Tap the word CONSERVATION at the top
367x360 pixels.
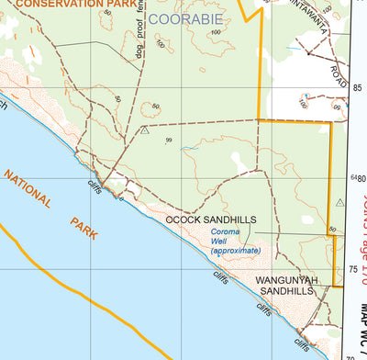(x=56, y=5)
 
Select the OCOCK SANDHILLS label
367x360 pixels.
(x=211, y=220)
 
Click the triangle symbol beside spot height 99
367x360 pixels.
(x=145, y=130)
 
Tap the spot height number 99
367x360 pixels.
(x=169, y=140)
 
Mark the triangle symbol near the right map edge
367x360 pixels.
(x=340, y=203)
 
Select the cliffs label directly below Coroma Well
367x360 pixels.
(x=220, y=276)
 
